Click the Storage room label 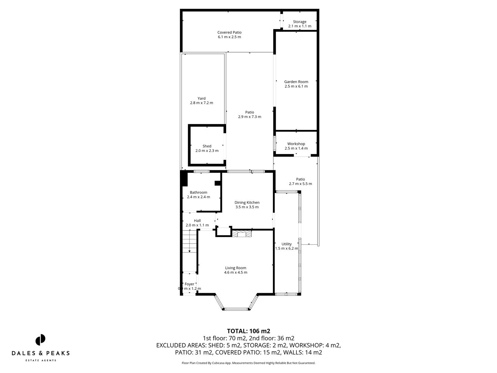300,22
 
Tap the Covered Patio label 229,32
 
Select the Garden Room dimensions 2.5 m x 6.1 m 296,86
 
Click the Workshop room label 296,144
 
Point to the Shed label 207,146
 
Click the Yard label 202,98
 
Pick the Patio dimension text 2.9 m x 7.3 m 250,117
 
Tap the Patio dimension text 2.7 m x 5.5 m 300,184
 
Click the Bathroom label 198,192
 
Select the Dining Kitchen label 247,203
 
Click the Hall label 197,221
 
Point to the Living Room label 235,268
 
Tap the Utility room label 286,244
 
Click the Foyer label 189,284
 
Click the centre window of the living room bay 236,309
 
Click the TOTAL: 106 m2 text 248,331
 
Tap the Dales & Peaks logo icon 40,339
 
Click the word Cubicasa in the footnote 225,363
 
